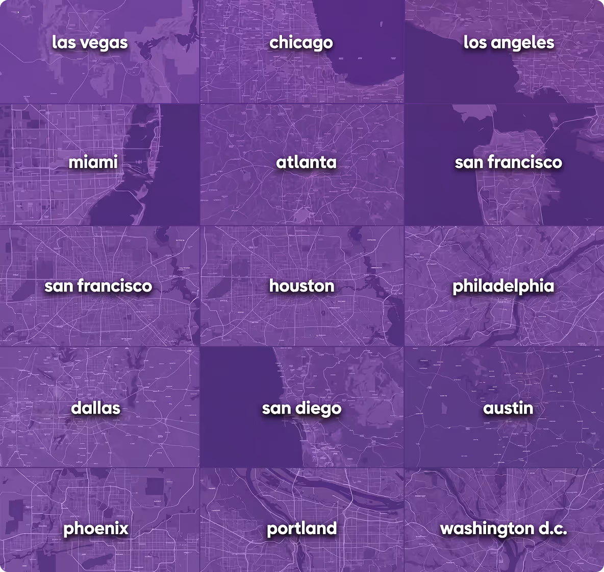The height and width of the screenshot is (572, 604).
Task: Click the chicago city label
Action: point(301,42)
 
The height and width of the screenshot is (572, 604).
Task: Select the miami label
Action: point(93,162)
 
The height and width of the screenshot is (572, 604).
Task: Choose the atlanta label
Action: point(306,162)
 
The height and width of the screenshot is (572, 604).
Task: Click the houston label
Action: point(302,285)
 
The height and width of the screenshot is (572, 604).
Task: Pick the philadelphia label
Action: point(503,285)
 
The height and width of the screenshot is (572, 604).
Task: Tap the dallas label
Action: point(95,408)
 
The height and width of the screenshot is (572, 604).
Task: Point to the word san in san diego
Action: point(276,408)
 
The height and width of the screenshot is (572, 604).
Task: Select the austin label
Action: point(508,408)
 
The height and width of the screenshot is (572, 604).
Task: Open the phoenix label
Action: point(95,528)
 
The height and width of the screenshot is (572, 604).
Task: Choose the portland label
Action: point(301,528)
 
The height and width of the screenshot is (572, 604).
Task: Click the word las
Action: point(63,42)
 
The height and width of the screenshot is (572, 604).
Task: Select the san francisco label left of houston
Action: point(98,285)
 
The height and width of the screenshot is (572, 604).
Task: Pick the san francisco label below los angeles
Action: point(508,162)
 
